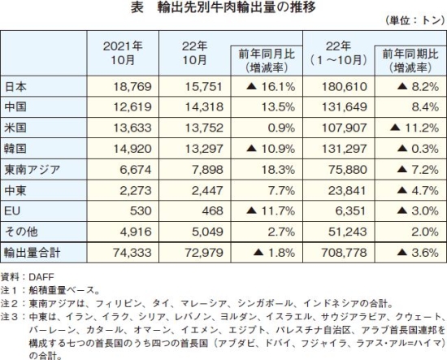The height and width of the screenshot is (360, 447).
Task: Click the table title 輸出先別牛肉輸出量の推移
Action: [237, 7]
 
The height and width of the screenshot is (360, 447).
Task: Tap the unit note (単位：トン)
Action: [414, 21]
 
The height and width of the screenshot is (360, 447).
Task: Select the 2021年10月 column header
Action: [123, 53]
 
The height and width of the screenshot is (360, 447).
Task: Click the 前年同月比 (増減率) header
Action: [267, 61]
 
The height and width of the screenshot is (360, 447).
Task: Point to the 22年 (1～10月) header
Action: [338, 53]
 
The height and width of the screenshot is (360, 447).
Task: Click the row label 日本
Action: [15, 86]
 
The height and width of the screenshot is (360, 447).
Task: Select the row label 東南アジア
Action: [33, 170]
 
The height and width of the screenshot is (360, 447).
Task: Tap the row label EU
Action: [12, 211]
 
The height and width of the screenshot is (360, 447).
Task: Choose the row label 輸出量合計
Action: [33, 253]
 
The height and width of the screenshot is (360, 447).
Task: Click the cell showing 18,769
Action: [132, 87]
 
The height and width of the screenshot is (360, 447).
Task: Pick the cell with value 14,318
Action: [204, 107]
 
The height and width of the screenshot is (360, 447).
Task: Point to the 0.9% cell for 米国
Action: [281, 128]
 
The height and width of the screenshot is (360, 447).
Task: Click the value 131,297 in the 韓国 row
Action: [345, 149]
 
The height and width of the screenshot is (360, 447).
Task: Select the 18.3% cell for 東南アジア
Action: [278, 170]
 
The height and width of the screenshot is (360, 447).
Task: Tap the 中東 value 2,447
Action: [207, 191]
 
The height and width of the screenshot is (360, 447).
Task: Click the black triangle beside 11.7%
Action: [252, 211]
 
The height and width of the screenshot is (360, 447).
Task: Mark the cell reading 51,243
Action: [348, 232]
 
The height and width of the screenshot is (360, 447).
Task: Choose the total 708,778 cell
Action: [344, 253]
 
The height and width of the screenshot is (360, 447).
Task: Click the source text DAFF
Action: [41, 277]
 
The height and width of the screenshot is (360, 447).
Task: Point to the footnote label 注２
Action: [10, 303]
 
